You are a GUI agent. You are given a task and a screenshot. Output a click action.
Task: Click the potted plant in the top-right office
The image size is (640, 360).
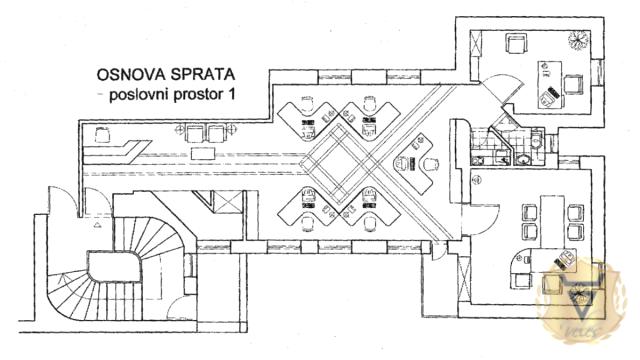[578, 41]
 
